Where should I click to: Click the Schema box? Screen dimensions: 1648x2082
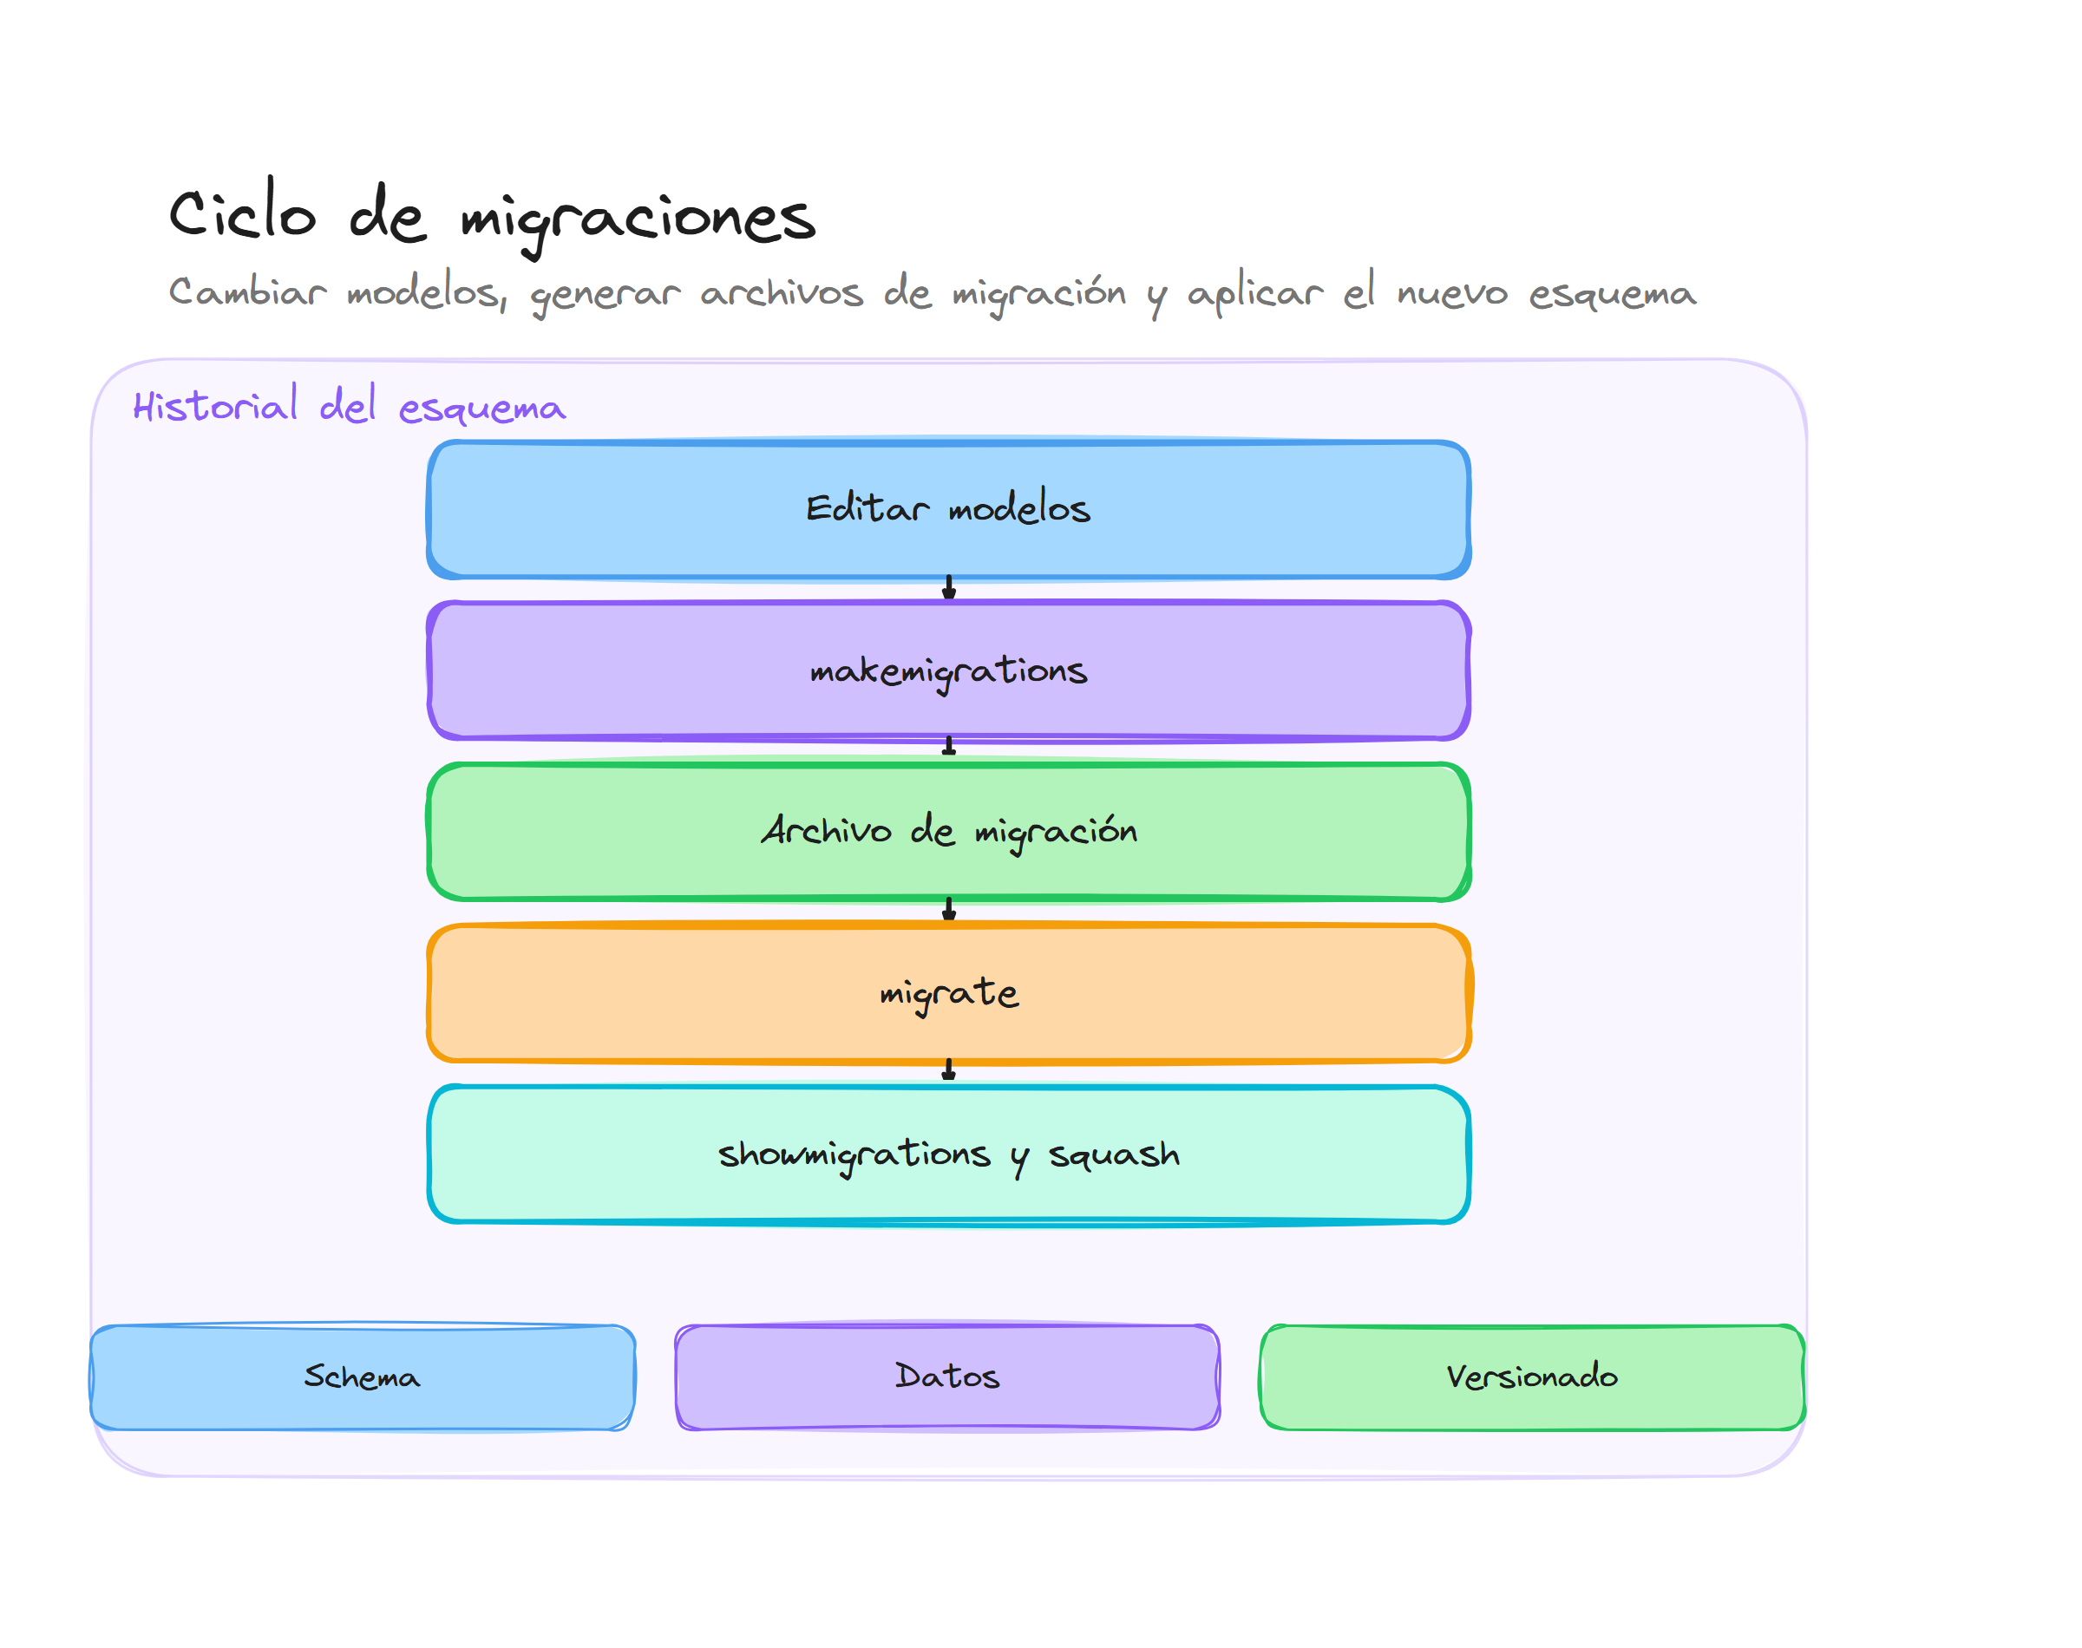[362, 1377]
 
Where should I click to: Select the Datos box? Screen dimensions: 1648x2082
[946, 1377]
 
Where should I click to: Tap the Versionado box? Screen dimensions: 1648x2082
[1531, 1377]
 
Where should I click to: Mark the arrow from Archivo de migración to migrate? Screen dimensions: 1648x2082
[948, 910]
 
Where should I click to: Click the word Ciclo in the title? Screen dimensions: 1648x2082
[242, 213]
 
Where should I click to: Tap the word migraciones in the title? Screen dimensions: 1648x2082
[638, 218]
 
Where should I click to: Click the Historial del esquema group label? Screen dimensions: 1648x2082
[350, 405]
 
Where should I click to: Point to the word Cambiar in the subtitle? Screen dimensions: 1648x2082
[248, 291]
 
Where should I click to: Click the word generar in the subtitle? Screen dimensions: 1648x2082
[605, 293]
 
